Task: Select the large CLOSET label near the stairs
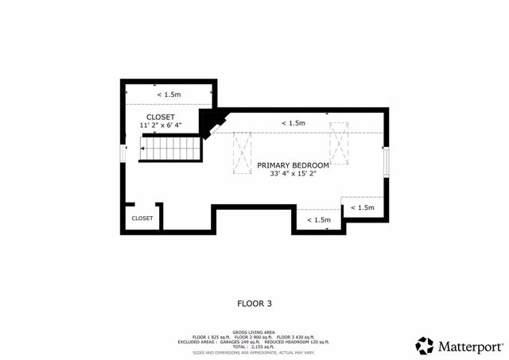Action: click(x=160, y=117)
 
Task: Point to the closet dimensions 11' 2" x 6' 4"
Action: click(x=160, y=125)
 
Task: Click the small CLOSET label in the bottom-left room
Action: click(x=142, y=218)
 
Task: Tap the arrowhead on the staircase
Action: click(x=142, y=148)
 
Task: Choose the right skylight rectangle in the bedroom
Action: click(x=340, y=143)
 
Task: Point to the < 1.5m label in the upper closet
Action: click(x=169, y=95)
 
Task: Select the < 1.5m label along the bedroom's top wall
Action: click(x=293, y=123)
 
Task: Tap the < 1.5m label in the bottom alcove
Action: click(x=318, y=220)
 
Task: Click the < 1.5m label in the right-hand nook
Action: click(x=362, y=207)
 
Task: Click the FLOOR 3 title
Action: click(x=254, y=303)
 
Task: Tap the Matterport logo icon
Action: click(x=425, y=346)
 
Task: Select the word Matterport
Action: click(x=470, y=346)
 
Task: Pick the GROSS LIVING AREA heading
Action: click(x=254, y=333)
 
